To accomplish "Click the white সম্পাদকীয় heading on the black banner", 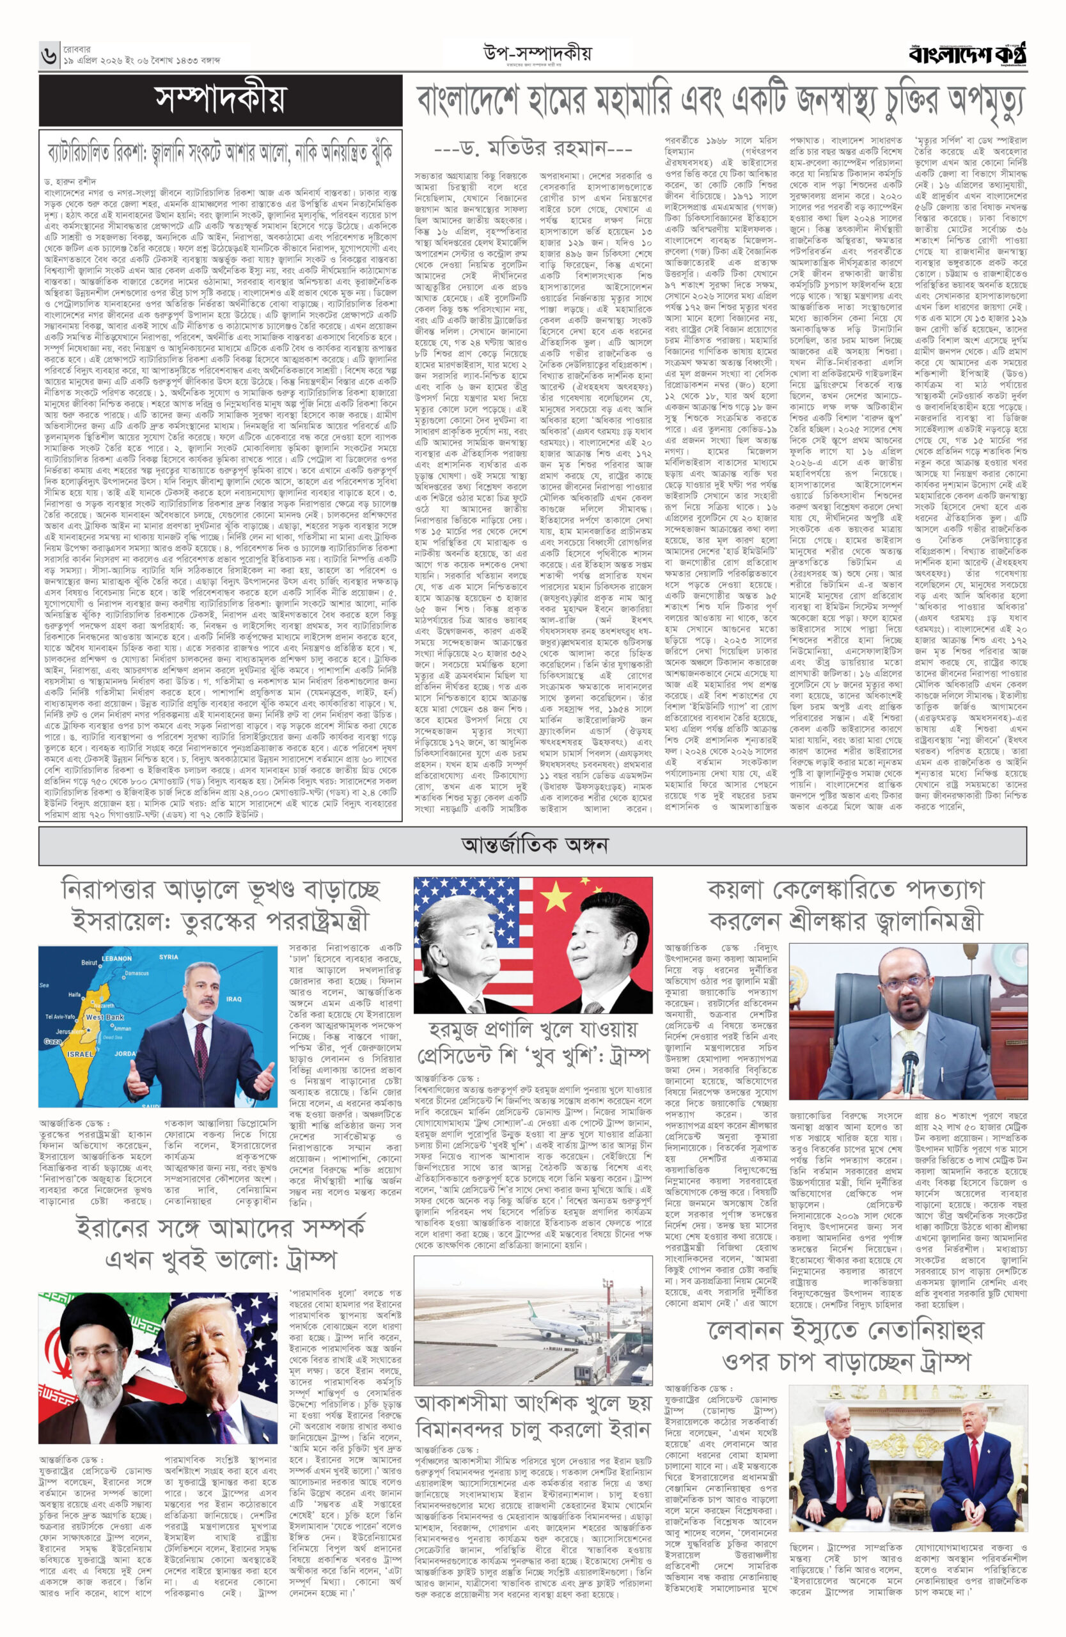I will point(220,100).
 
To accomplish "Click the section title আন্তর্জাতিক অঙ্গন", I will point(534,844).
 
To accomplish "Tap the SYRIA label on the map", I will point(168,957).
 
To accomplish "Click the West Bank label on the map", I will point(104,1016).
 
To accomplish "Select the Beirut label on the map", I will point(89,962).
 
